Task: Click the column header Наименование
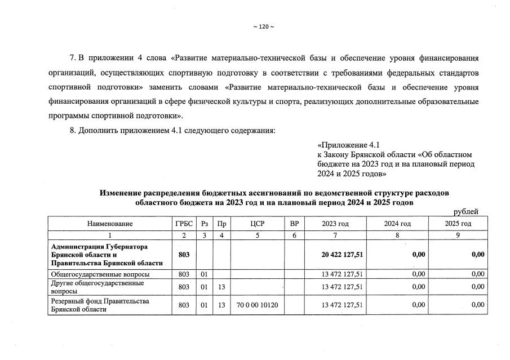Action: pos(110,224)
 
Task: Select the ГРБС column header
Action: pos(184,224)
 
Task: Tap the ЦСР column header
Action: pos(257,224)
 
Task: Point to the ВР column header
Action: pos(294,224)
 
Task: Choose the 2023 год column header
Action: pos(335,224)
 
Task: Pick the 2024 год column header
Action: pos(397,224)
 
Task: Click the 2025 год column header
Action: pos(458,224)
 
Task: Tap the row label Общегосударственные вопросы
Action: pos(100,274)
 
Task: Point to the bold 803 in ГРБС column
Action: pos(184,255)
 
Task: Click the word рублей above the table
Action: pos(466,212)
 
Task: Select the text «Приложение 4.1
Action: pos(353,145)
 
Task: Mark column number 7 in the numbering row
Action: pos(335,235)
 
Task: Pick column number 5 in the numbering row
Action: pos(257,235)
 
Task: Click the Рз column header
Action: pos(204,224)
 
